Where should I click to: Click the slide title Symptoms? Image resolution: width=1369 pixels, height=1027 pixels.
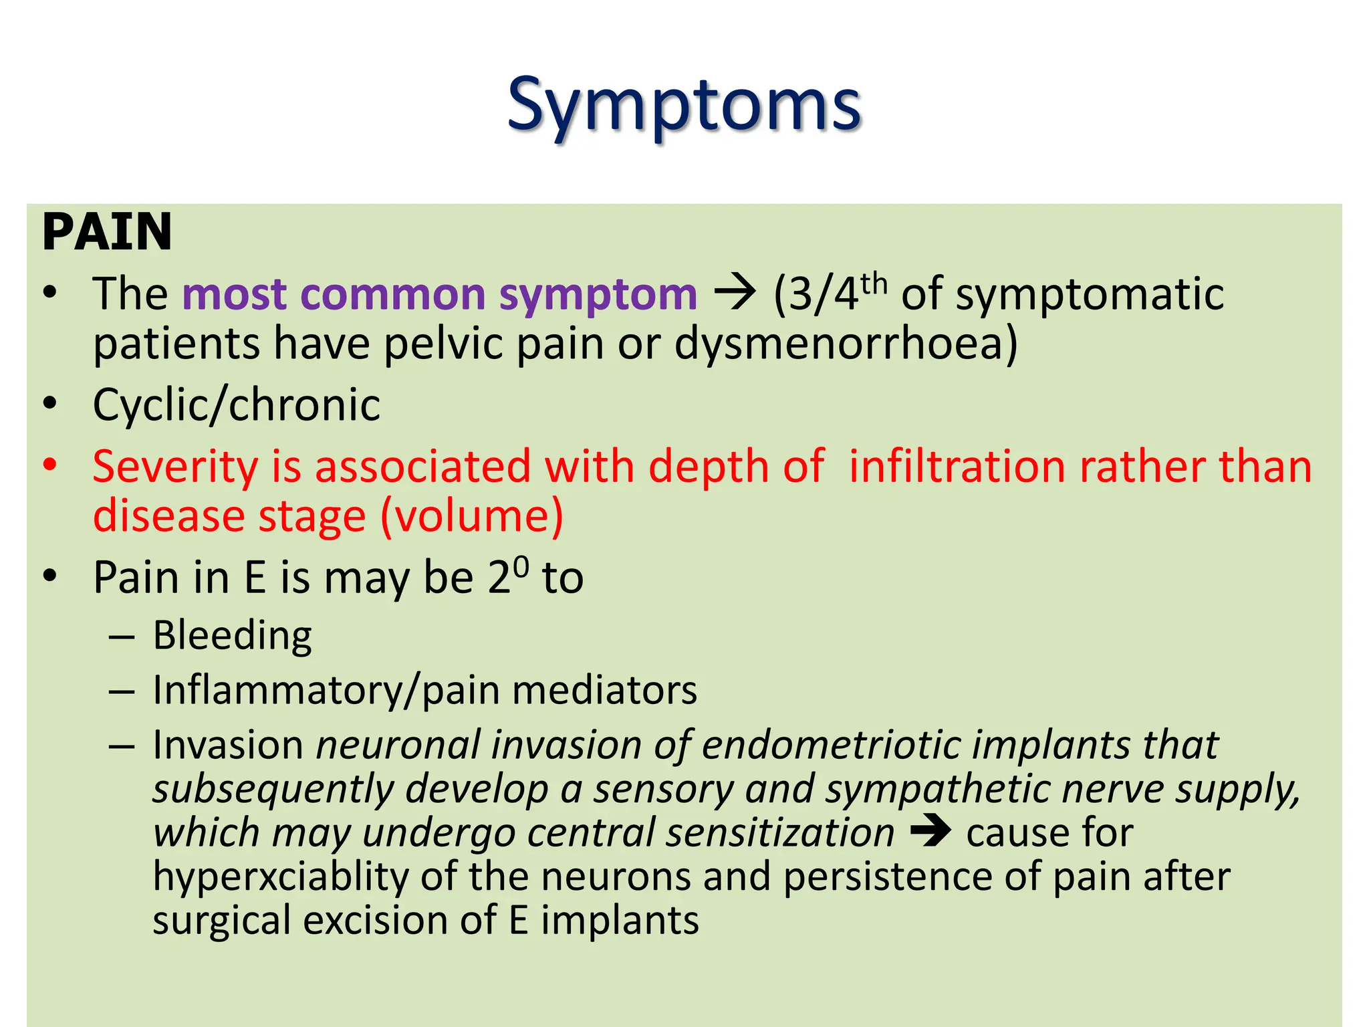click(x=683, y=106)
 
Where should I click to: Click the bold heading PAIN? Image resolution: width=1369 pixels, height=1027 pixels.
click(x=107, y=232)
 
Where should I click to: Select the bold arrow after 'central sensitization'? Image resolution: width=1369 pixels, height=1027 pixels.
click(x=930, y=832)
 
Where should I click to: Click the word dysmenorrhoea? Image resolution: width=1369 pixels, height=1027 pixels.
click(x=845, y=344)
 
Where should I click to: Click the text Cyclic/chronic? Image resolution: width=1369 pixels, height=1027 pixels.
click(x=237, y=405)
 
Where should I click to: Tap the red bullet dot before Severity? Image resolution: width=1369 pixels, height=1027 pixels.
click(x=49, y=465)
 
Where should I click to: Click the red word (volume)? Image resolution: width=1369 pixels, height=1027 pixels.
click(x=472, y=516)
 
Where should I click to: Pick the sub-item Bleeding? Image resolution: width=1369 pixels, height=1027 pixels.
click(x=232, y=635)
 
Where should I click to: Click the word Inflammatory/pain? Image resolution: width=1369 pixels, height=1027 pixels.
click(x=326, y=690)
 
